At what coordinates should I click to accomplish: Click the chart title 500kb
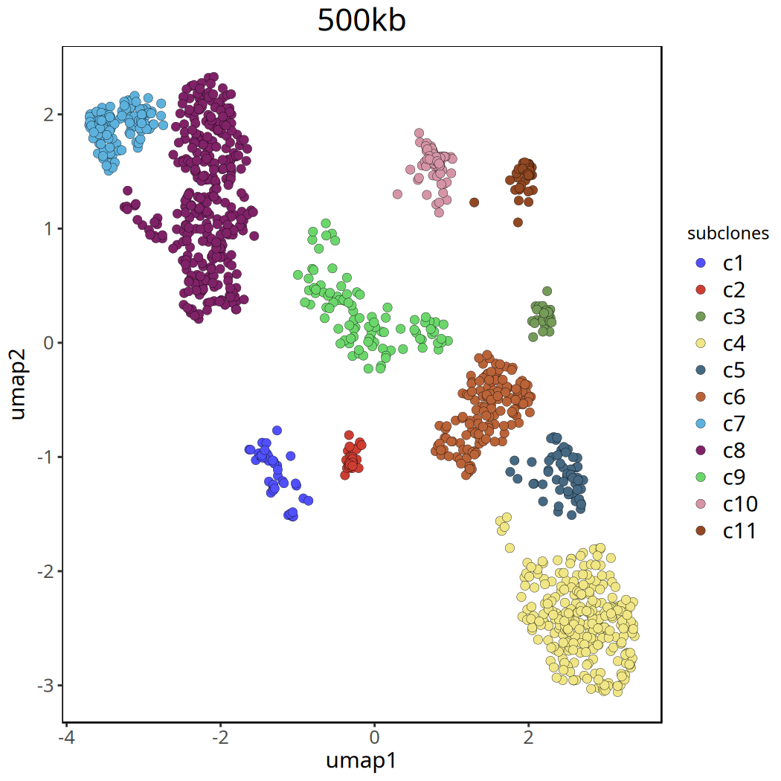coord(361,21)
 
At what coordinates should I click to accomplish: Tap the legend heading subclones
coord(727,234)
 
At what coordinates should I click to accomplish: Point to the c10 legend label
coord(740,504)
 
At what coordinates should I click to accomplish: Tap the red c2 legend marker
coord(700,290)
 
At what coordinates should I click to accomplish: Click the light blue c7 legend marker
coord(700,424)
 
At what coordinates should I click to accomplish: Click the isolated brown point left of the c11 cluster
coord(474,202)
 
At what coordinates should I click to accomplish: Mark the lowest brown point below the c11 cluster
coord(518,222)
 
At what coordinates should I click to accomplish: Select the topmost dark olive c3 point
coord(547,291)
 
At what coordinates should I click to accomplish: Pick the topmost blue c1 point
coord(277,430)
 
